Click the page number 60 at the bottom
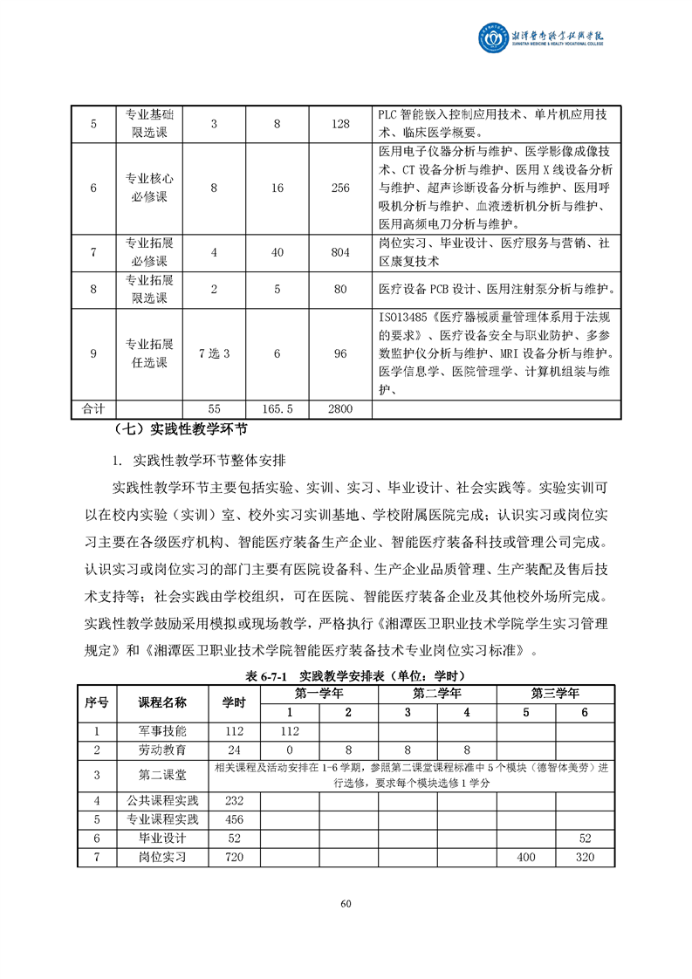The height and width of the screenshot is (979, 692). click(x=346, y=903)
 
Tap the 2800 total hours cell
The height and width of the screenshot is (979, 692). click(x=340, y=407)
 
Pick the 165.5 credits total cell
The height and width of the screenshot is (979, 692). click(x=277, y=407)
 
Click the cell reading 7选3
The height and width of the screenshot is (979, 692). click(x=214, y=353)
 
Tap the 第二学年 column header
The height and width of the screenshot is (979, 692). click(x=437, y=694)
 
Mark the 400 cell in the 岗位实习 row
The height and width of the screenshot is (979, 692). click(x=525, y=857)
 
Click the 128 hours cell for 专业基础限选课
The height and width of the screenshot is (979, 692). click(x=340, y=124)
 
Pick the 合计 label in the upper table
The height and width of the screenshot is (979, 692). click(x=93, y=407)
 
